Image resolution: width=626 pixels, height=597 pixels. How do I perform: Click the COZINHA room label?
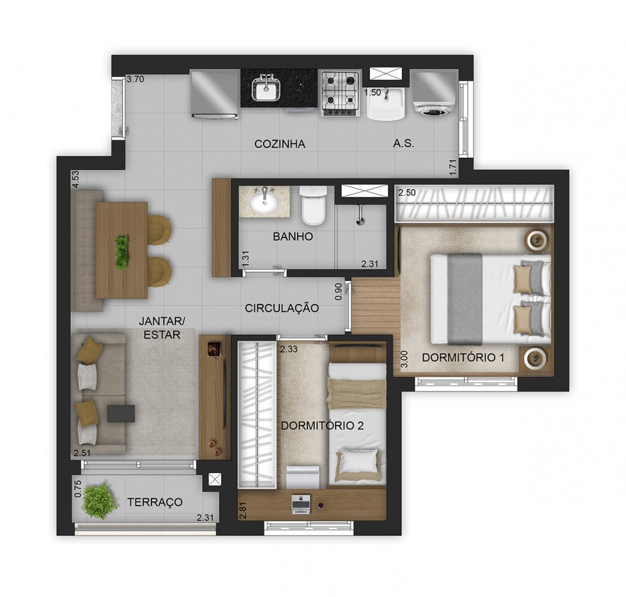point(279,144)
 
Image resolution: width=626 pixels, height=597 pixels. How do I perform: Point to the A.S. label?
point(403,143)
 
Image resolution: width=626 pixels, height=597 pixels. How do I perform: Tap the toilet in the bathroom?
point(314,205)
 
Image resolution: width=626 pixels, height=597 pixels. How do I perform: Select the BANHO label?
point(292,237)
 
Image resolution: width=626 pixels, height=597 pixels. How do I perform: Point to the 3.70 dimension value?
point(135,79)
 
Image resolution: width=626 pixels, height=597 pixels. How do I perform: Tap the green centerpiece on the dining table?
point(122,252)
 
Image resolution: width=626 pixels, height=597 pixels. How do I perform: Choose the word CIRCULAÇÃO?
point(282,308)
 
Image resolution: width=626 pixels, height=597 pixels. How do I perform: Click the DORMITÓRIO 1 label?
point(463,357)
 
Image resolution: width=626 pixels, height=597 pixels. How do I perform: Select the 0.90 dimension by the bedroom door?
point(339,292)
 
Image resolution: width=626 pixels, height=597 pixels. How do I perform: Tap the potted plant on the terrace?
point(99,501)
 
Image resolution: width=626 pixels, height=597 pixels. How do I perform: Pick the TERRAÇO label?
point(155,502)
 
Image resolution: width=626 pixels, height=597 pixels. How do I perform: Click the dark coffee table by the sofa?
point(121,414)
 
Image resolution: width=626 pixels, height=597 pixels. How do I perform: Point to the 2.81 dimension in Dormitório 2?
point(242,511)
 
